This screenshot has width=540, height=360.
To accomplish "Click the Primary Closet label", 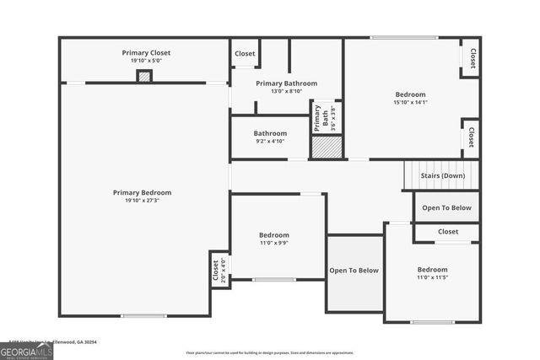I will click(145, 52).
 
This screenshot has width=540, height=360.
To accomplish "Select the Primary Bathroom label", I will click(287, 83).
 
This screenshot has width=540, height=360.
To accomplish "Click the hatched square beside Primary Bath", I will click(327, 147).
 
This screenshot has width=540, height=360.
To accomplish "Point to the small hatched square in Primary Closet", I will click(145, 76).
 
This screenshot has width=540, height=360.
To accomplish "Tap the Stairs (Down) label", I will click(442, 175).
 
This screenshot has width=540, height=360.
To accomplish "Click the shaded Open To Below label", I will click(354, 271).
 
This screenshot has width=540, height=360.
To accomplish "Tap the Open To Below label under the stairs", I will click(447, 207).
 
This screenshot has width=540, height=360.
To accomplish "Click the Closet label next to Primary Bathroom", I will click(245, 54).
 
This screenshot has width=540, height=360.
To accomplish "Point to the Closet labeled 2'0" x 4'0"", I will click(218, 270).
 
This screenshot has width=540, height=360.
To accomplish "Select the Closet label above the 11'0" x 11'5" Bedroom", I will click(448, 231).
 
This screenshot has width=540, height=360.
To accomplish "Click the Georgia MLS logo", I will click(26, 350).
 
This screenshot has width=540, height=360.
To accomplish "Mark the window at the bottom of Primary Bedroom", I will click(143, 316).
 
